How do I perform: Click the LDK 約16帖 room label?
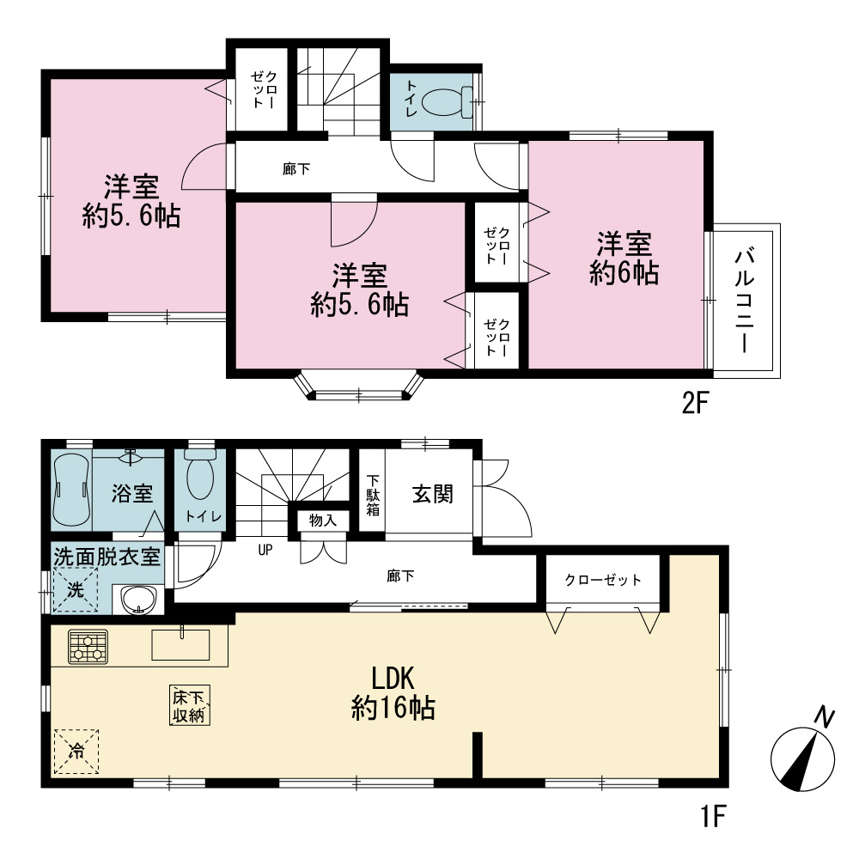pyautogui.click(x=393, y=693)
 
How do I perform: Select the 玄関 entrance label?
pyautogui.click(x=432, y=494)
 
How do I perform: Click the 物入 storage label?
pyautogui.click(x=323, y=520)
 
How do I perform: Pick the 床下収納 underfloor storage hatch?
pyautogui.click(x=189, y=705)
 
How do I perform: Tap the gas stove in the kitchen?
pyautogui.click(x=88, y=647)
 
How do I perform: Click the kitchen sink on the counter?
pyautogui.click(x=180, y=644)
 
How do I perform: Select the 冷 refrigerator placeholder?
pyautogui.click(x=76, y=751)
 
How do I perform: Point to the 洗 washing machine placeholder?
pyautogui.click(x=76, y=590)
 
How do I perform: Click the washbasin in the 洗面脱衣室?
pyautogui.click(x=139, y=600)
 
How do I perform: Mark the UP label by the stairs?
pyautogui.click(x=265, y=550)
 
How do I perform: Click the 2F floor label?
pyautogui.click(x=695, y=405)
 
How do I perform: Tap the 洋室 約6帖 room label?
pyautogui.click(x=624, y=258)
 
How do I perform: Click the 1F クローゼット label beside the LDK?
pyautogui.click(x=603, y=580)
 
